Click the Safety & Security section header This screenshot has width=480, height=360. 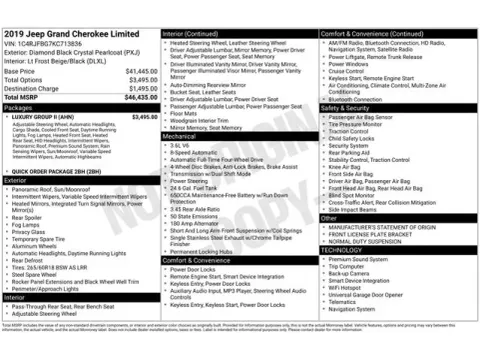[346, 107]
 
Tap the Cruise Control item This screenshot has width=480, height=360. [347, 71]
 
